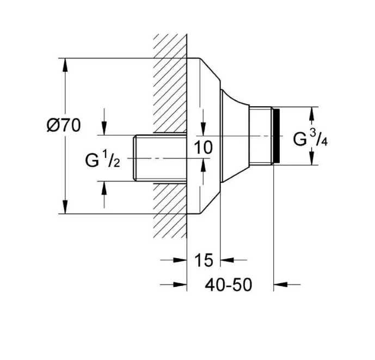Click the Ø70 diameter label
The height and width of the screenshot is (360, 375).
coord(64,125)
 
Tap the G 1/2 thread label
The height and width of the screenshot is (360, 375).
coord(102,159)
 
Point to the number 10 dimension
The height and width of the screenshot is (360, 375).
coord(204,147)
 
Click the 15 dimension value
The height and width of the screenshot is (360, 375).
coord(204,260)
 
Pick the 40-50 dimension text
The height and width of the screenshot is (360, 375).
coord(229,285)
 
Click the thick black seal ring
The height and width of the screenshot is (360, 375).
coord(276,136)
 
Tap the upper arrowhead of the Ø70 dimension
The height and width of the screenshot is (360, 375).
coord(65,65)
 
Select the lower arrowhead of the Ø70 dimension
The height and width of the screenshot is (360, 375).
coord(65,207)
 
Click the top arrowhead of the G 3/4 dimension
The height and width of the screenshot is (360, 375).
coord(311,113)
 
